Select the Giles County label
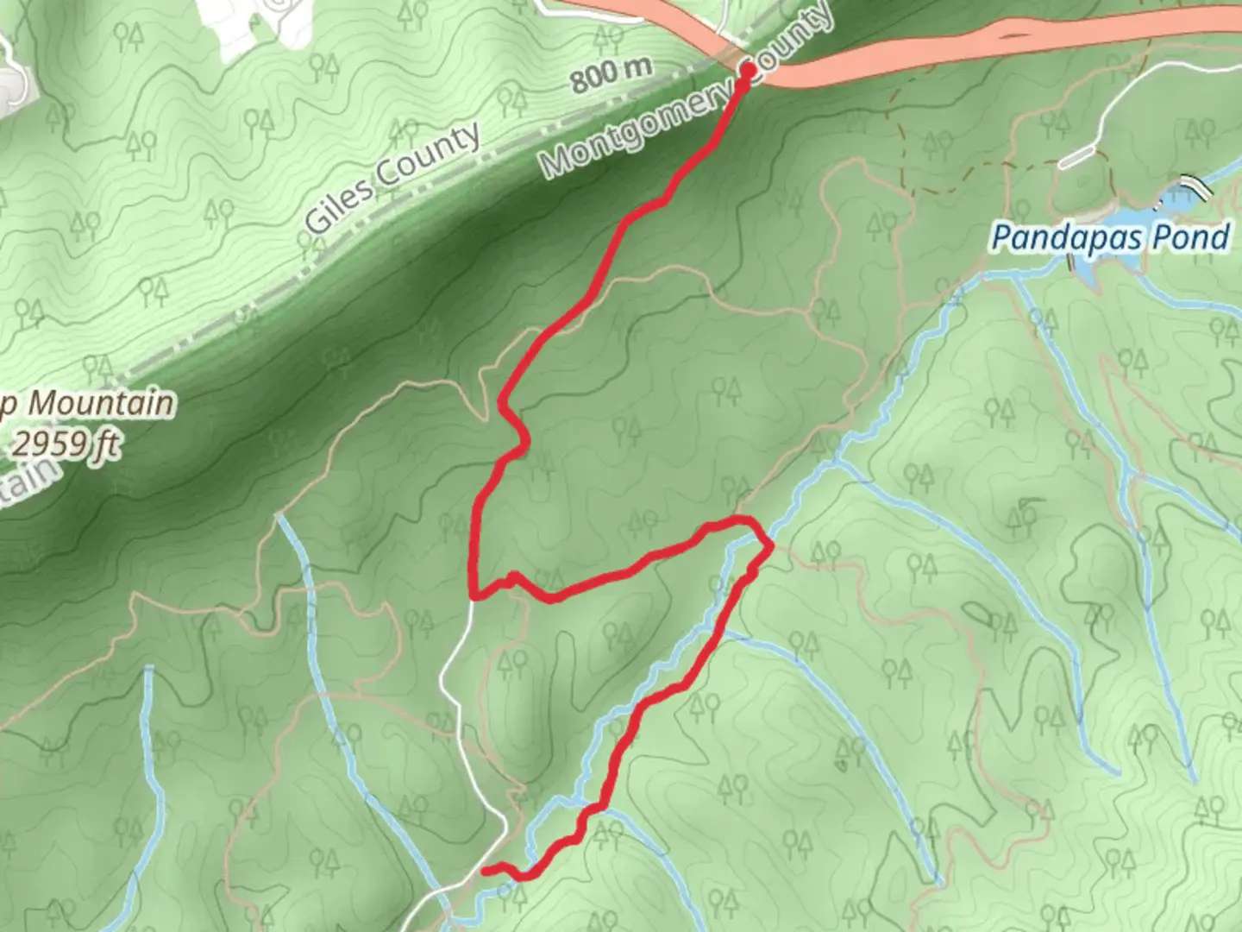pos(392,178)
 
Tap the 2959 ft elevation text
pos(66,444)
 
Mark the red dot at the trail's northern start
pos(748,69)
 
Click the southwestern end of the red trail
pos(485,871)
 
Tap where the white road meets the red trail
pos(474,596)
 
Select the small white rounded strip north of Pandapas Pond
pos(1077,157)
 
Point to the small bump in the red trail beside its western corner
pos(512,576)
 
